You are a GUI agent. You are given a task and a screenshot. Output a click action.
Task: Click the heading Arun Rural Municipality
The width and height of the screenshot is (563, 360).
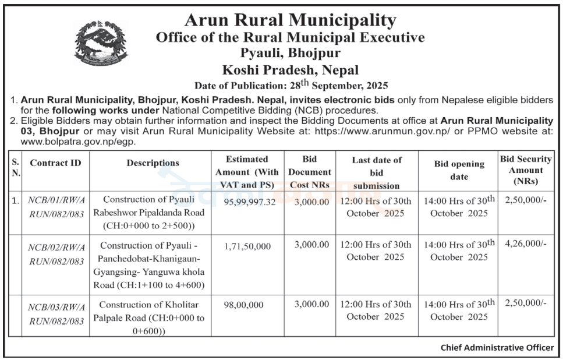pyautogui.click(x=290, y=20)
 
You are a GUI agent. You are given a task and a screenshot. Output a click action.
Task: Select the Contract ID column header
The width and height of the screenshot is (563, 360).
pyautogui.click(x=55, y=163)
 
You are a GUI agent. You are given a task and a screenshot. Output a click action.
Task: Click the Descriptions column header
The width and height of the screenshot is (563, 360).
pyautogui.click(x=153, y=163)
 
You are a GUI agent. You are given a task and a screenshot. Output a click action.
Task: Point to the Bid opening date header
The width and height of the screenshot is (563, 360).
pyautogui.click(x=459, y=170)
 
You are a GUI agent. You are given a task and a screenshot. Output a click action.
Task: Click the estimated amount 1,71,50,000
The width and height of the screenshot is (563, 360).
pyautogui.click(x=247, y=246)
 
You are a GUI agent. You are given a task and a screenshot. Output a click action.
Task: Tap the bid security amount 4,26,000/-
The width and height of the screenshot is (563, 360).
pyautogui.click(x=527, y=245)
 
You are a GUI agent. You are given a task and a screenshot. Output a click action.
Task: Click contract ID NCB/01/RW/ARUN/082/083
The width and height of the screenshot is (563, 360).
pyautogui.click(x=56, y=207)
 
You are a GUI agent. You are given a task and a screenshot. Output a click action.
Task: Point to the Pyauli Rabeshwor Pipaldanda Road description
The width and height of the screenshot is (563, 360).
pyautogui.click(x=153, y=213)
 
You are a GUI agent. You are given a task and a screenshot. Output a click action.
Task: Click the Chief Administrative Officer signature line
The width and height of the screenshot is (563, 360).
pyautogui.click(x=497, y=348)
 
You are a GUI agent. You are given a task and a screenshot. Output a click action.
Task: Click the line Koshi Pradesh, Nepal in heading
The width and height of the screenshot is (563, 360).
pyautogui.click(x=290, y=71)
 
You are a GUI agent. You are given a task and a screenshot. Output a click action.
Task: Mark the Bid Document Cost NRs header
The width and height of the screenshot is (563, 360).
pyautogui.click(x=310, y=172)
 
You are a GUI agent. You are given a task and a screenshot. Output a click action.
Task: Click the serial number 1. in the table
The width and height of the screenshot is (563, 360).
pyautogui.click(x=15, y=201)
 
